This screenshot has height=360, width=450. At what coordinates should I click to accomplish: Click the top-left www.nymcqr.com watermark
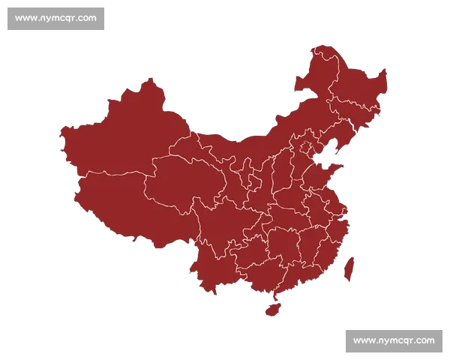pos(55,18)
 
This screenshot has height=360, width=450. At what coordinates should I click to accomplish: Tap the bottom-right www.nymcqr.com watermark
pos(394,340)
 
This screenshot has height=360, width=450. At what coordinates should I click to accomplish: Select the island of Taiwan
pos(349,268)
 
